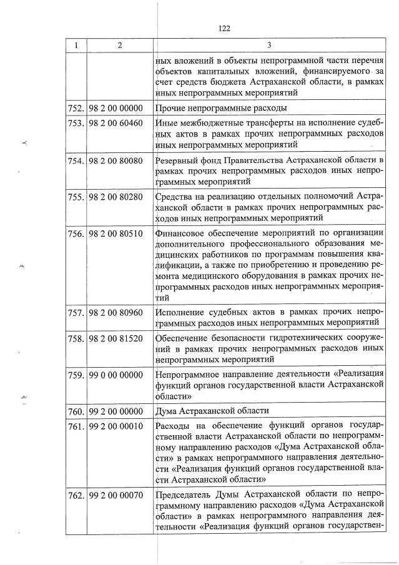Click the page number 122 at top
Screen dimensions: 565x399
225,28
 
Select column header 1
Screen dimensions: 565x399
76,46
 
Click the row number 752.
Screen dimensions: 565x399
76,108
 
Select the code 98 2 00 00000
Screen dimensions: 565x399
116,108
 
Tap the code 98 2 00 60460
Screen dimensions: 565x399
116,124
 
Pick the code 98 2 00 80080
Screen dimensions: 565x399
116,160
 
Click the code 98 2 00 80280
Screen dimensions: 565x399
116,197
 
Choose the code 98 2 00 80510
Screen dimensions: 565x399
116,233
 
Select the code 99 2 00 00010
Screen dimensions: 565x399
116,426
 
